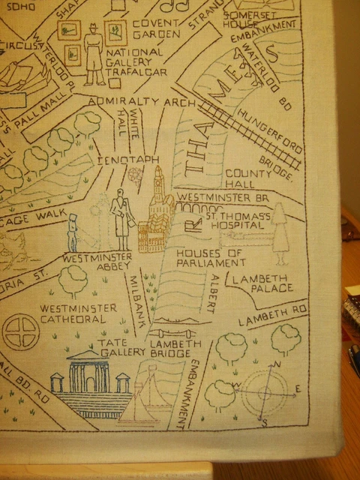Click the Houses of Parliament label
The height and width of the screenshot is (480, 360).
(x=210, y=258)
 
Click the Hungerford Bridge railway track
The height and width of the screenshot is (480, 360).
(x=251, y=136)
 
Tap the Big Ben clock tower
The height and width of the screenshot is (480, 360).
(x=158, y=184)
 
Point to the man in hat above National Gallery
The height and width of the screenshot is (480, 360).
(x=94, y=54)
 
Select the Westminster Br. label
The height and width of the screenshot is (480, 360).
(x=223, y=196)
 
